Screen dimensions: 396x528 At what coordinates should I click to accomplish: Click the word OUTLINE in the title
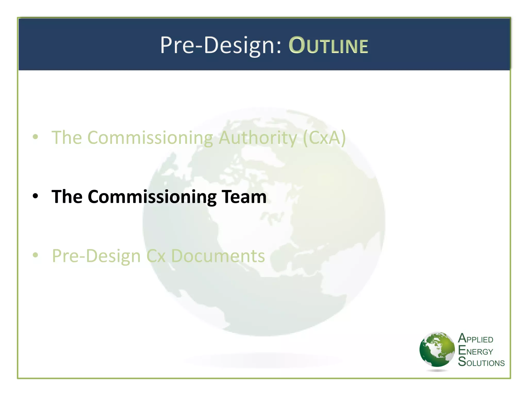pyautogui.click(x=328, y=46)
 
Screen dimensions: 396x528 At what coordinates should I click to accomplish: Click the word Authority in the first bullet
pyautogui.click(x=258, y=138)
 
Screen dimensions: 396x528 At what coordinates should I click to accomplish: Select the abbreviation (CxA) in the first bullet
pyautogui.click(x=324, y=138)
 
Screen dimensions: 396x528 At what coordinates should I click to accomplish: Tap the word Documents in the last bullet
pyautogui.click(x=218, y=256)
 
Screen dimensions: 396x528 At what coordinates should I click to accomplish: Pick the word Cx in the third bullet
pyautogui.click(x=156, y=256)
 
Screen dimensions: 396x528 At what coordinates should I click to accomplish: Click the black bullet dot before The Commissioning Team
pyautogui.click(x=36, y=196)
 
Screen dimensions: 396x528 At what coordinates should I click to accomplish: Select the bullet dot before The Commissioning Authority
pyautogui.click(x=36, y=137)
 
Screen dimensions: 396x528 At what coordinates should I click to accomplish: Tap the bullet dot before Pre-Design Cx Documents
pyautogui.click(x=36, y=255)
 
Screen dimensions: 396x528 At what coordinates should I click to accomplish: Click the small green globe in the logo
pyautogui.click(x=437, y=350)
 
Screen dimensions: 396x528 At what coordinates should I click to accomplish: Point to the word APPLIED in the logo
pyautogui.click(x=476, y=339)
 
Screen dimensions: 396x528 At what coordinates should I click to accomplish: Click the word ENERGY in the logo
pyautogui.click(x=475, y=351)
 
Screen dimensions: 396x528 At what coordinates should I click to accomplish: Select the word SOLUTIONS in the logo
pyautogui.click(x=481, y=362)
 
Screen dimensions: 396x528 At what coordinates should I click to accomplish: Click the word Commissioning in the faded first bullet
pyautogui.click(x=150, y=138)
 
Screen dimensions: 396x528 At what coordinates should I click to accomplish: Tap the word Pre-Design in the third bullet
pyautogui.click(x=96, y=256)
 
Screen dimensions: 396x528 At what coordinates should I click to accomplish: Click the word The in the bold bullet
pyautogui.click(x=67, y=197)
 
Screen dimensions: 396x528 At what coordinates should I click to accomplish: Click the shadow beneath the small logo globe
pyautogui.click(x=437, y=370)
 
